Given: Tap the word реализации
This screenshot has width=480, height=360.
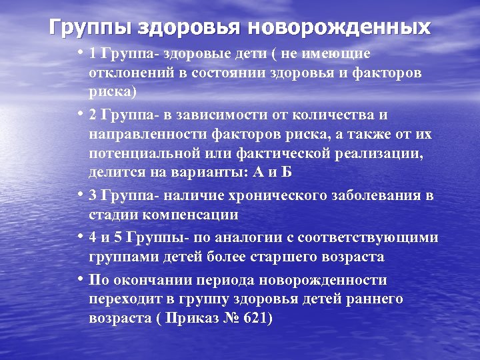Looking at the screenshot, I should pyautogui.click(x=383, y=153).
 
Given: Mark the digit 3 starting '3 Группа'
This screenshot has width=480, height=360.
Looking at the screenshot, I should pyautogui.click(x=93, y=195).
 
